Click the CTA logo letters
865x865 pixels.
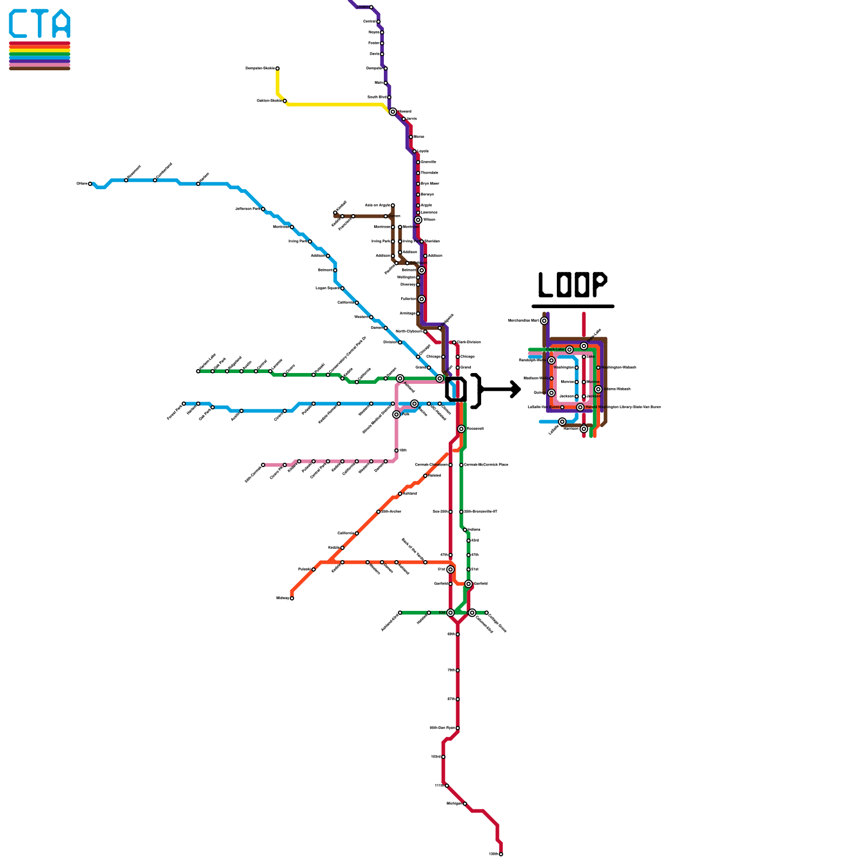click(39, 24)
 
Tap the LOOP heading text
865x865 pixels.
click(573, 285)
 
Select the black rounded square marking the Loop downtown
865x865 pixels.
click(456, 389)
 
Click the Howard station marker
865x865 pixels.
click(393, 112)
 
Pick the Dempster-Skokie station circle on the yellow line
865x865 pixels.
click(277, 69)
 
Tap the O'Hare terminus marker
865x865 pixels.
click(90, 184)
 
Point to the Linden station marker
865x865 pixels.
click(371, 7)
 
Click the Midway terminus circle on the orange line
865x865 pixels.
click(292, 598)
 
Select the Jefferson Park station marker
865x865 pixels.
click(263, 209)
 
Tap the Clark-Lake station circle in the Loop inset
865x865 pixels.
click(569, 350)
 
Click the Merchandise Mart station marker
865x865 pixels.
click(544, 321)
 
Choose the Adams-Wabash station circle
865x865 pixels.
click(598, 389)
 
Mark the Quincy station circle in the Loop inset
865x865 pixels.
click(551, 393)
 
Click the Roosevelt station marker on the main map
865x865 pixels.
click(461, 429)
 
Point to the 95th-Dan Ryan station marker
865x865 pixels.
click(458, 728)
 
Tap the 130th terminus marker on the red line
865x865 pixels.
click(501, 854)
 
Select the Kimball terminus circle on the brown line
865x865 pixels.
click(335, 212)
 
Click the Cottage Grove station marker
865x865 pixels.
click(487, 613)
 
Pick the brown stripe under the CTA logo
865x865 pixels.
click(39, 68)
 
